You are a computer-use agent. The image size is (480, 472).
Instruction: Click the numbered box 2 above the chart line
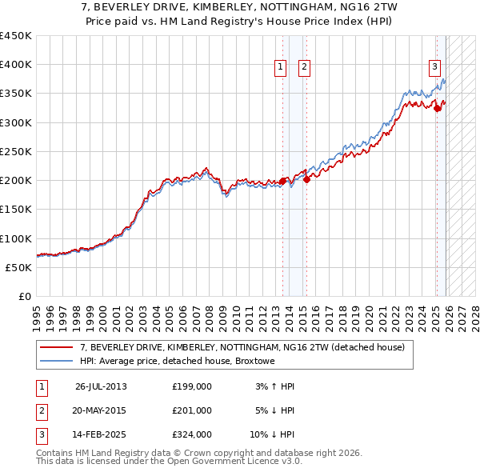click(x=305, y=68)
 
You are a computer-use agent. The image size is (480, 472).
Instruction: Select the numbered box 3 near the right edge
click(x=434, y=67)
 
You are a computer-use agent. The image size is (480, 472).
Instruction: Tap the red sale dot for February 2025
click(x=437, y=109)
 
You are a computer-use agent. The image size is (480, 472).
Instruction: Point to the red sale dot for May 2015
click(x=307, y=180)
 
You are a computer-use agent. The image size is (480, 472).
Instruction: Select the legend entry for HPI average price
click(x=178, y=362)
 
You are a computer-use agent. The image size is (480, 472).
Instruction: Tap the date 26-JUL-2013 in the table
click(x=101, y=386)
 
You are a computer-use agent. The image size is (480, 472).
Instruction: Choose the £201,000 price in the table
click(x=192, y=410)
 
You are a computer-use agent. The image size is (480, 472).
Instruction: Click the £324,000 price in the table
click(x=192, y=434)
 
